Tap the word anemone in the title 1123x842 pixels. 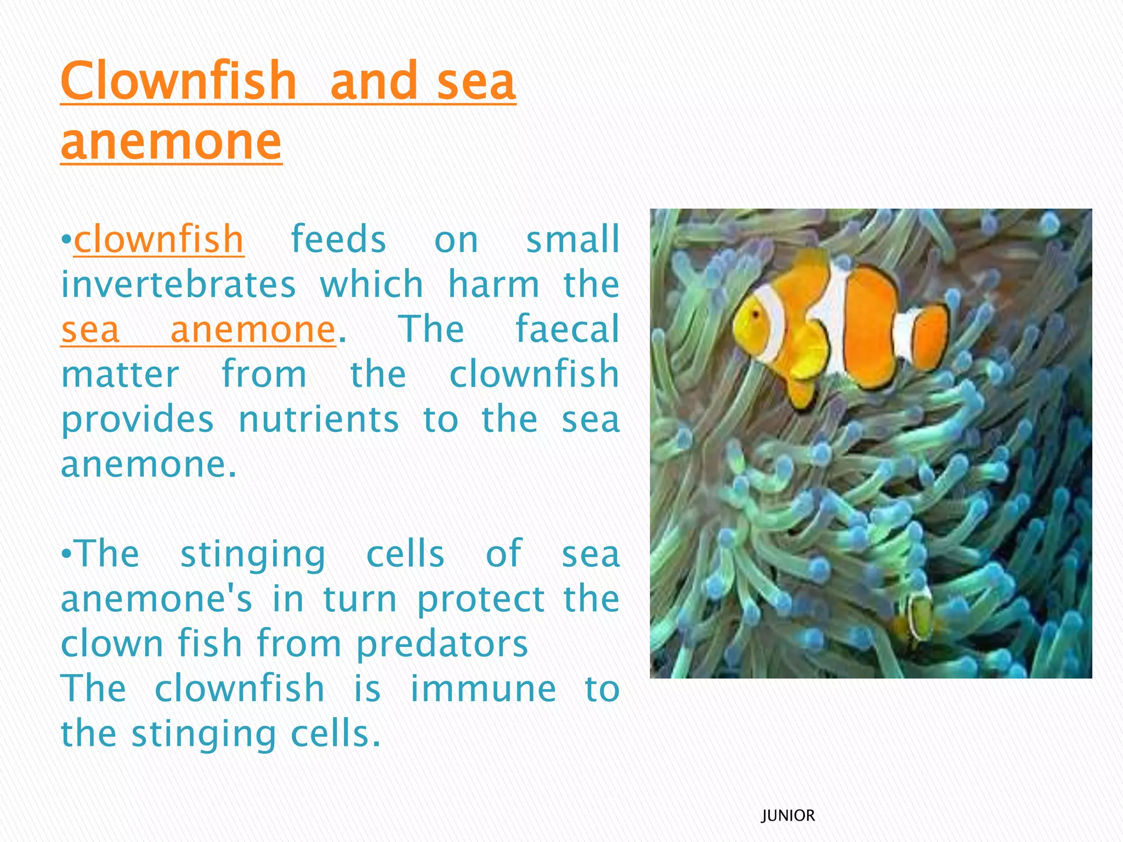tap(171, 141)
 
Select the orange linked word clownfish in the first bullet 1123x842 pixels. tap(159, 240)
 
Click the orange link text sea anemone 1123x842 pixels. tap(198, 329)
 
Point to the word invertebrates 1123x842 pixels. tap(179, 285)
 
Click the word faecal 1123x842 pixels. tap(567, 329)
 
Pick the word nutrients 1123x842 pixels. tap(319, 419)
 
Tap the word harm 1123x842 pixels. tap(494, 285)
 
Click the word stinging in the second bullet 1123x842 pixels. tap(253, 554)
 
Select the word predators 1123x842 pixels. tap(442, 644)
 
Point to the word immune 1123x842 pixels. tap(483, 689)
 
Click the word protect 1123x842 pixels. tap(481, 599)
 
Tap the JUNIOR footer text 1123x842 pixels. tap(788, 816)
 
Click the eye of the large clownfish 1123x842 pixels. tap(756, 314)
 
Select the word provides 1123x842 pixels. tap(137, 419)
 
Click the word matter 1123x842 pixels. tap(120, 374)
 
